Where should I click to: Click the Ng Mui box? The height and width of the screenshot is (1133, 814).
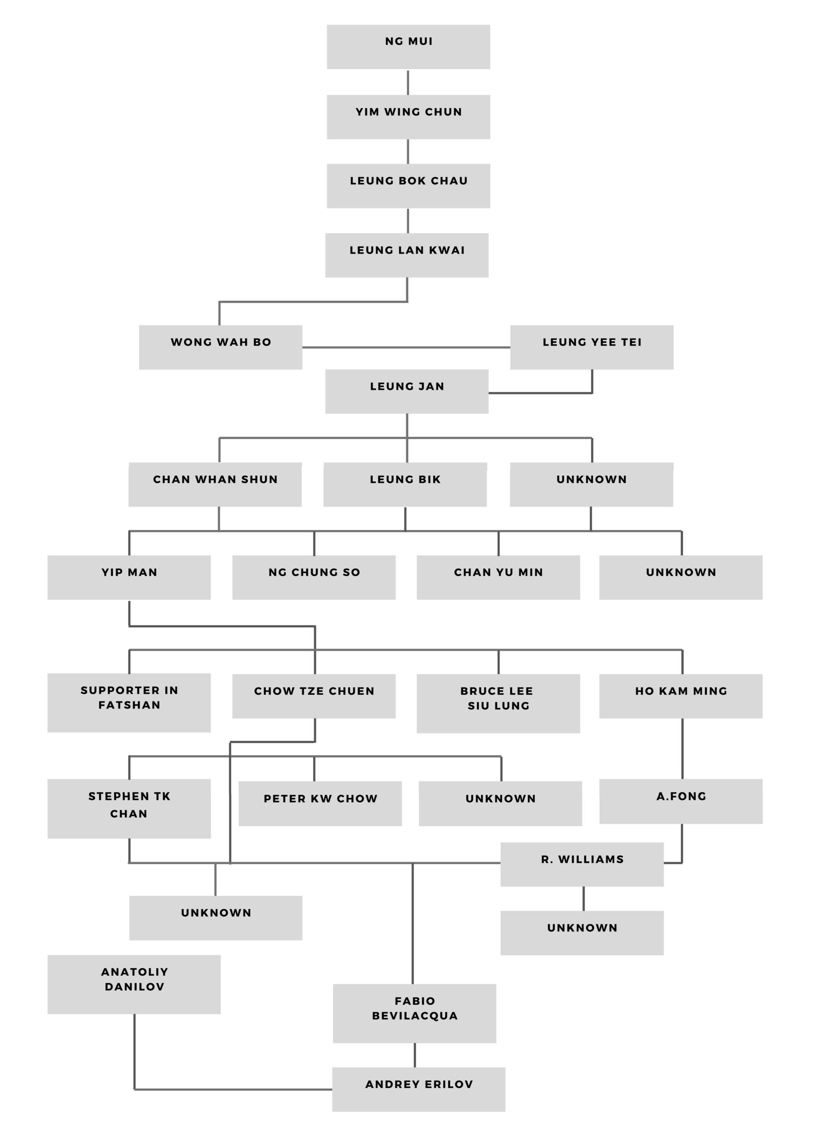[408, 47]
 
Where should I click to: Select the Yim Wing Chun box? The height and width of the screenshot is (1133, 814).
[408, 117]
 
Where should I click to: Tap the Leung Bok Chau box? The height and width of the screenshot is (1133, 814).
[408, 186]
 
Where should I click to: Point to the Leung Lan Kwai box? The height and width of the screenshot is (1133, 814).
[407, 255]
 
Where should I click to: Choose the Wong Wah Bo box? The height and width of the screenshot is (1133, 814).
[220, 347]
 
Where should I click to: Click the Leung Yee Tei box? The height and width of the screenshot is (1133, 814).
[592, 347]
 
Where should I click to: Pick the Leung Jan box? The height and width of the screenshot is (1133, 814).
[407, 391]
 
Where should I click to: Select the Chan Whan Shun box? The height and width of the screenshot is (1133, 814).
[215, 484]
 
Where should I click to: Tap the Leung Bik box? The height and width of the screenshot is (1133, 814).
[405, 484]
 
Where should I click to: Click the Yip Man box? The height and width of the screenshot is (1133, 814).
[129, 577]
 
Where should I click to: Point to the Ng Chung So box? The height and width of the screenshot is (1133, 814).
[314, 577]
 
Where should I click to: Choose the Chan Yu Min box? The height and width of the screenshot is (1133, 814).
[498, 577]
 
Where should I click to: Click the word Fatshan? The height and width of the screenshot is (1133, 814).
[129, 705]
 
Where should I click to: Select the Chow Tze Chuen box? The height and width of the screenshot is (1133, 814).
[314, 696]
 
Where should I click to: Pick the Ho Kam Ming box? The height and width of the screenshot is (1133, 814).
[681, 696]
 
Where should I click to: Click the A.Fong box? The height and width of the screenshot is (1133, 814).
[681, 801]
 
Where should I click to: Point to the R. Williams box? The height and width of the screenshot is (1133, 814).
[581, 864]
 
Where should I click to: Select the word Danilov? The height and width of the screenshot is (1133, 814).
[134, 987]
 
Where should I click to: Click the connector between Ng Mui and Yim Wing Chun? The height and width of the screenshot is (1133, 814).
[408, 82]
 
